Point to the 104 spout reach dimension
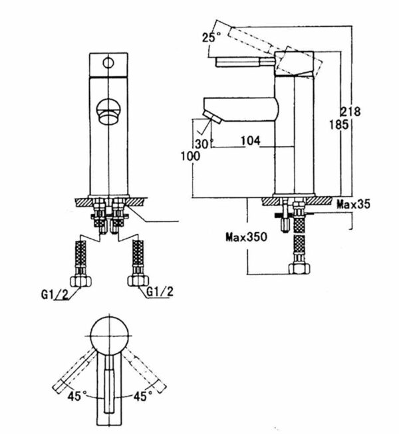coord(251,142)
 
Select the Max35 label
coord(352,204)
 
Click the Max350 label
coord(245,237)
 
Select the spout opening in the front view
coord(106,110)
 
